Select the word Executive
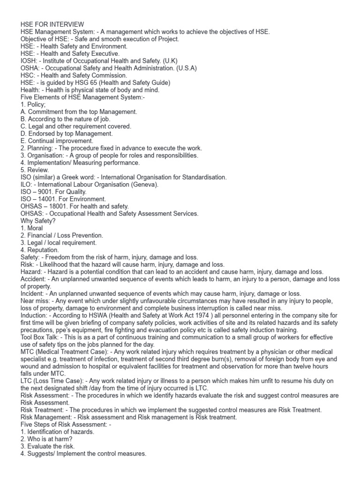point(104,53)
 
